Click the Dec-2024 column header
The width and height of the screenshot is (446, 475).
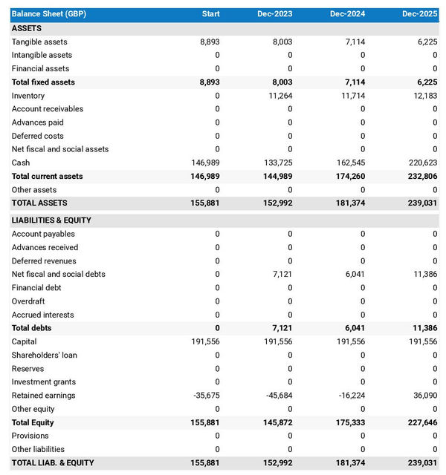click(349, 14)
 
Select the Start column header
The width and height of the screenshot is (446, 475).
click(210, 14)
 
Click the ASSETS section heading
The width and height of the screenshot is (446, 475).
click(27, 28)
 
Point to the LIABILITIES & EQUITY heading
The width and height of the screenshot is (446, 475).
click(53, 220)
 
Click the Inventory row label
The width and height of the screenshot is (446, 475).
click(28, 96)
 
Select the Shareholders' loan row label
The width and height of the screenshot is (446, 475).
click(45, 355)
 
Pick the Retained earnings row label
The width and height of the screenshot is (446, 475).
click(43, 396)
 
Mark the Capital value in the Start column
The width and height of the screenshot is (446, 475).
click(204, 341)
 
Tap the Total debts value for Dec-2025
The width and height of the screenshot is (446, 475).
click(424, 328)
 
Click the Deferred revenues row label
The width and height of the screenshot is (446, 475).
click(44, 261)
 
